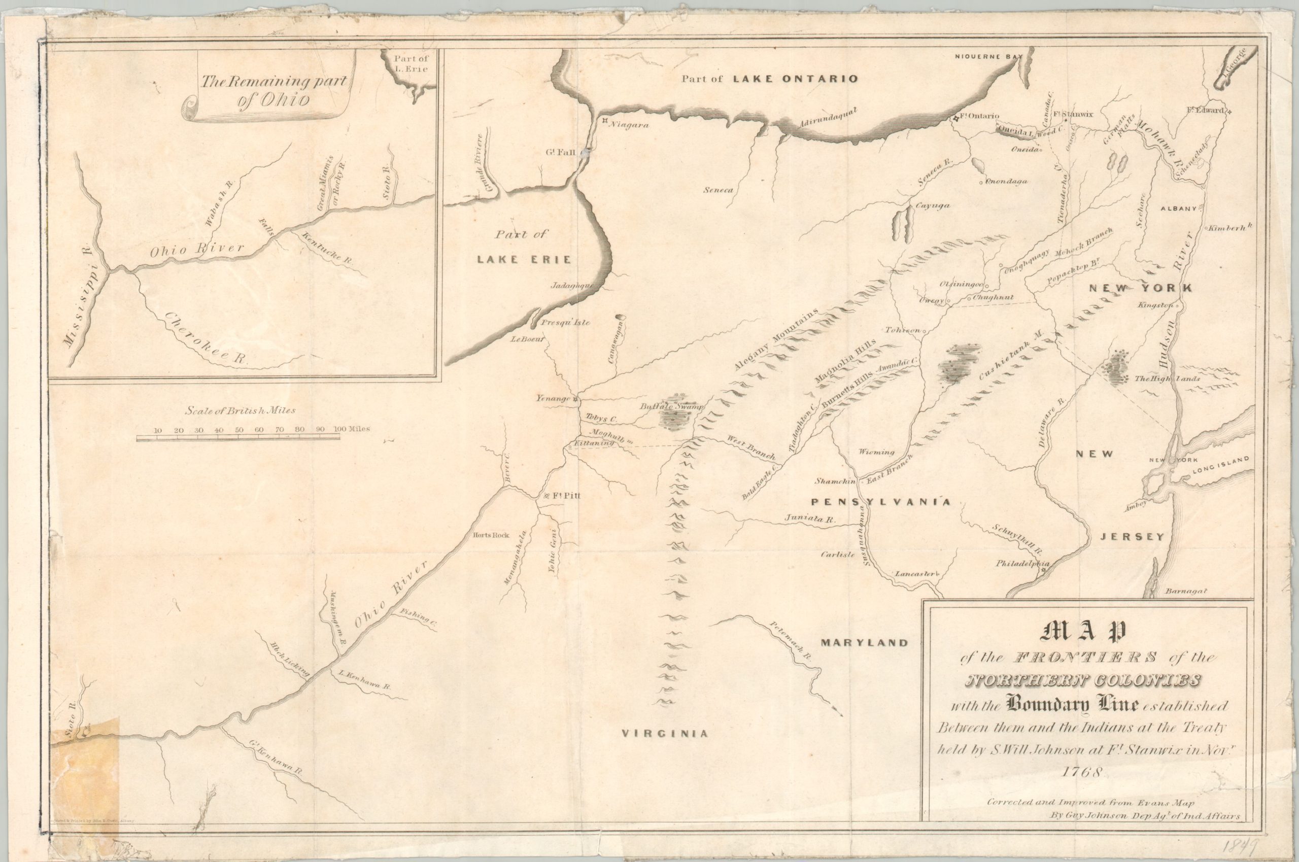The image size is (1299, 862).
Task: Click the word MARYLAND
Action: coord(866,643)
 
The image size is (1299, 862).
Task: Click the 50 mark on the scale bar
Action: coord(238,430)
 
